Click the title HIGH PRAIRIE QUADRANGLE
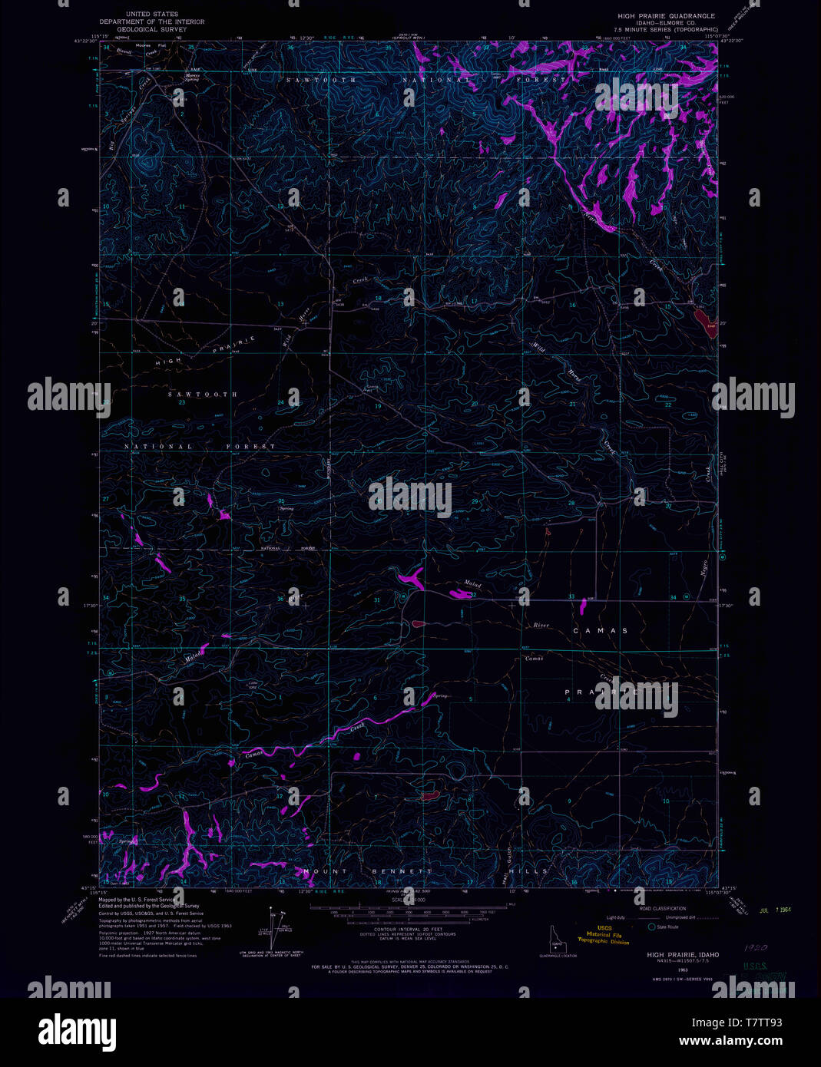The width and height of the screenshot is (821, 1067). click(x=667, y=15)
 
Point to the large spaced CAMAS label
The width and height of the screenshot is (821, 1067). click(x=600, y=630)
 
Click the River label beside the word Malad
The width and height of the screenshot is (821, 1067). click(x=541, y=625)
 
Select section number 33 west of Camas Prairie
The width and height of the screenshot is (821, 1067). click(x=571, y=596)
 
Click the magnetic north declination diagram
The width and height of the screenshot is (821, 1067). click(x=274, y=927)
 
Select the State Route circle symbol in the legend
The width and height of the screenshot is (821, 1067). click(x=651, y=927)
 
